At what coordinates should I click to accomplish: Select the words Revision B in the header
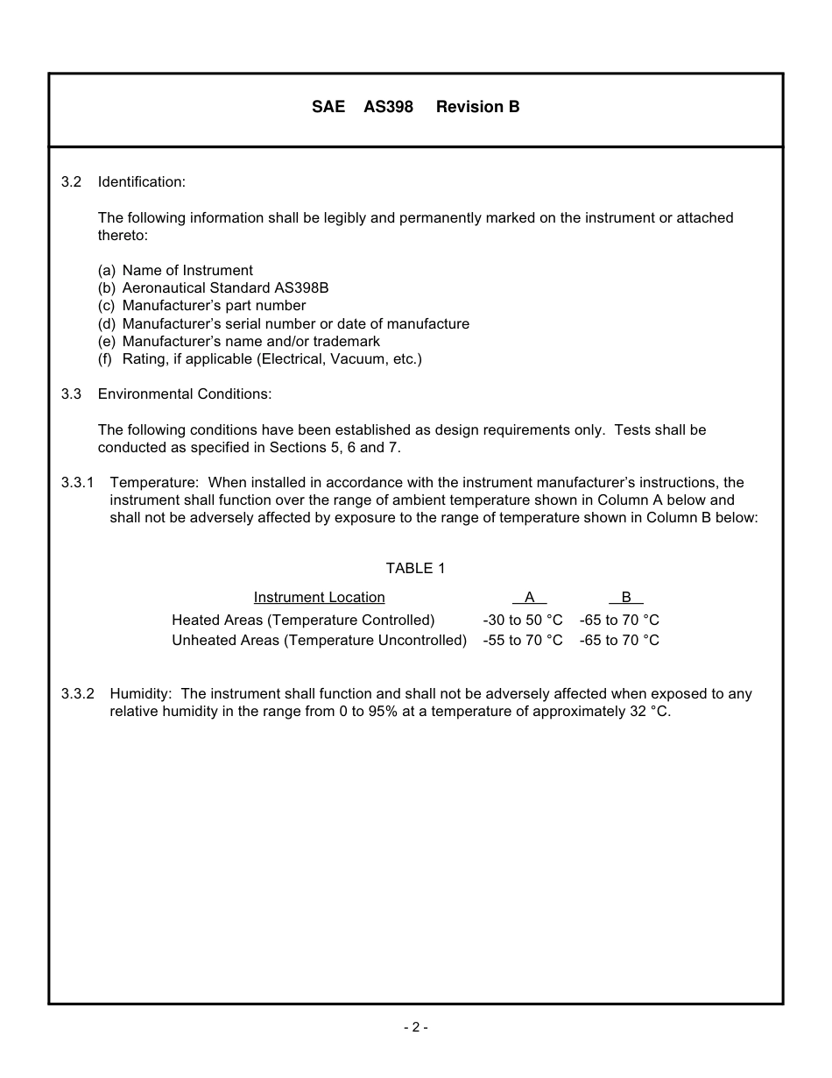point(477,107)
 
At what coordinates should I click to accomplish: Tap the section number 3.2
point(71,182)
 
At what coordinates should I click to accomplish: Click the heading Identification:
point(141,182)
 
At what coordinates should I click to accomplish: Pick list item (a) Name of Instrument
point(175,271)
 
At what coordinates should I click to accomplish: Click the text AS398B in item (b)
point(300,288)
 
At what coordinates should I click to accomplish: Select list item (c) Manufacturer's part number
point(201,306)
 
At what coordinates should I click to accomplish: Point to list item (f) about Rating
point(259,359)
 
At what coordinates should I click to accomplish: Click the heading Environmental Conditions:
point(185,394)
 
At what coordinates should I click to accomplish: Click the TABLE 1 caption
point(415,569)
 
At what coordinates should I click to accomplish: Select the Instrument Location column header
point(319,598)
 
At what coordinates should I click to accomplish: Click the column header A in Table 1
point(529,598)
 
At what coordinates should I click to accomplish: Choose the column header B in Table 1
point(625,598)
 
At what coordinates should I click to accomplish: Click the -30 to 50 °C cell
point(522,621)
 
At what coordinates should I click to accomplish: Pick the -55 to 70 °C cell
point(522,641)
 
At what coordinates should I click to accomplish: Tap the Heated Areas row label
point(303,621)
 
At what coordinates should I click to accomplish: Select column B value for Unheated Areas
point(618,641)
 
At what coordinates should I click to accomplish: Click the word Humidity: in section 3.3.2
point(141,694)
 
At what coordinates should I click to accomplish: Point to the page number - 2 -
point(415,1028)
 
